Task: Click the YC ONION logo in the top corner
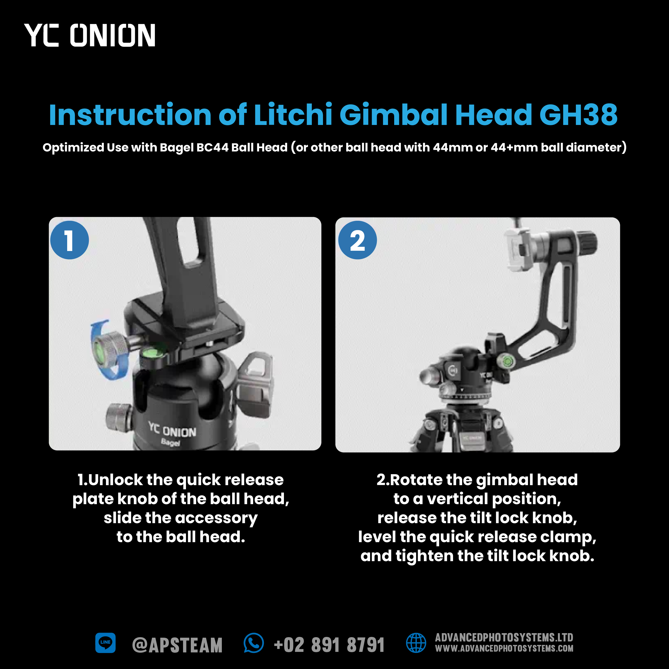tap(90, 35)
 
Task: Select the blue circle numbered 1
tap(70, 240)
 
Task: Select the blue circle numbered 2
tap(357, 240)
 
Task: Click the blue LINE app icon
tap(105, 643)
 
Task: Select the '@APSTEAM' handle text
tap(177, 645)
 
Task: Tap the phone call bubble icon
tap(254, 643)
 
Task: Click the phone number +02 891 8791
tap(329, 645)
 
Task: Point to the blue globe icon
tap(416, 643)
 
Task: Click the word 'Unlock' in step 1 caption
tap(115, 480)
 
